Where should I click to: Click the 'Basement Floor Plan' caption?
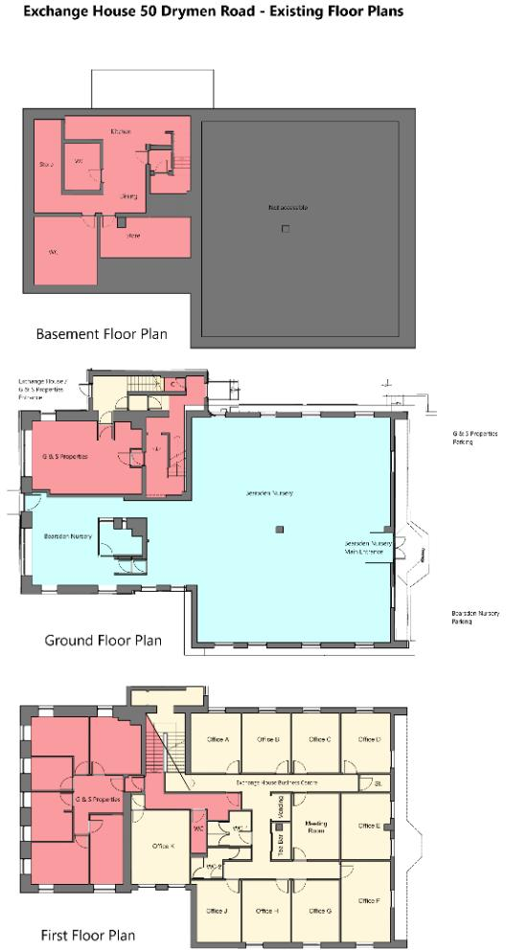(102, 335)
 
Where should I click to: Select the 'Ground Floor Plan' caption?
(103, 640)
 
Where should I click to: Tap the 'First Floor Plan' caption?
(87, 935)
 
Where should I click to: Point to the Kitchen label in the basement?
(120, 130)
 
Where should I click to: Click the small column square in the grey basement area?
(285, 229)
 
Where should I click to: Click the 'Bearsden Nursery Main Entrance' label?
(368, 548)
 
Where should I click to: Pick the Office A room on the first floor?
(218, 739)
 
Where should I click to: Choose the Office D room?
(369, 739)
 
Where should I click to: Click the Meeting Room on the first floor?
(316, 827)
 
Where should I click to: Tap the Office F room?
(369, 900)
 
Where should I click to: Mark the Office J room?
(218, 910)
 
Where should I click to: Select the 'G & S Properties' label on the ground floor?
(65, 457)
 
